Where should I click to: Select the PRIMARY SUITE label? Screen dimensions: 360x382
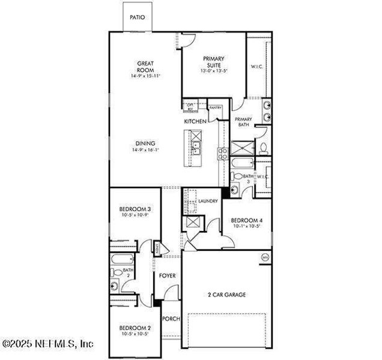[x=213, y=61]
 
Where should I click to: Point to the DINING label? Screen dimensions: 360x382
[x=145, y=143]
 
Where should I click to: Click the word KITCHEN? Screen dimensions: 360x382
[x=195, y=122]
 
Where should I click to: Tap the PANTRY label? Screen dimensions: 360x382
[x=215, y=108]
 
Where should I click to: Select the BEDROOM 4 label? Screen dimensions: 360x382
[x=247, y=220]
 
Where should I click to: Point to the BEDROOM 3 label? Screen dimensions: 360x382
[x=135, y=209]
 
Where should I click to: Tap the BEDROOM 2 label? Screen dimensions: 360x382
[x=135, y=328]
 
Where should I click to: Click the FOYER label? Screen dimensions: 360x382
[x=167, y=277]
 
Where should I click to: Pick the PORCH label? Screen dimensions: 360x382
[x=171, y=319]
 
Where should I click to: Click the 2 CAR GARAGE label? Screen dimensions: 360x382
[x=226, y=295]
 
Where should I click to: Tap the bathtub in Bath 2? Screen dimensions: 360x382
[x=120, y=261]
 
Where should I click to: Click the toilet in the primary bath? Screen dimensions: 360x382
[x=264, y=148]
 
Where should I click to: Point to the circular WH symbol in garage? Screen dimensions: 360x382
[x=264, y=257]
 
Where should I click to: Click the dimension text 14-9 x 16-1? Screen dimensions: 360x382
[x=145, y=151]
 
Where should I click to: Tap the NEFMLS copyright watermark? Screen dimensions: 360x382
[x=48, y=344]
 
